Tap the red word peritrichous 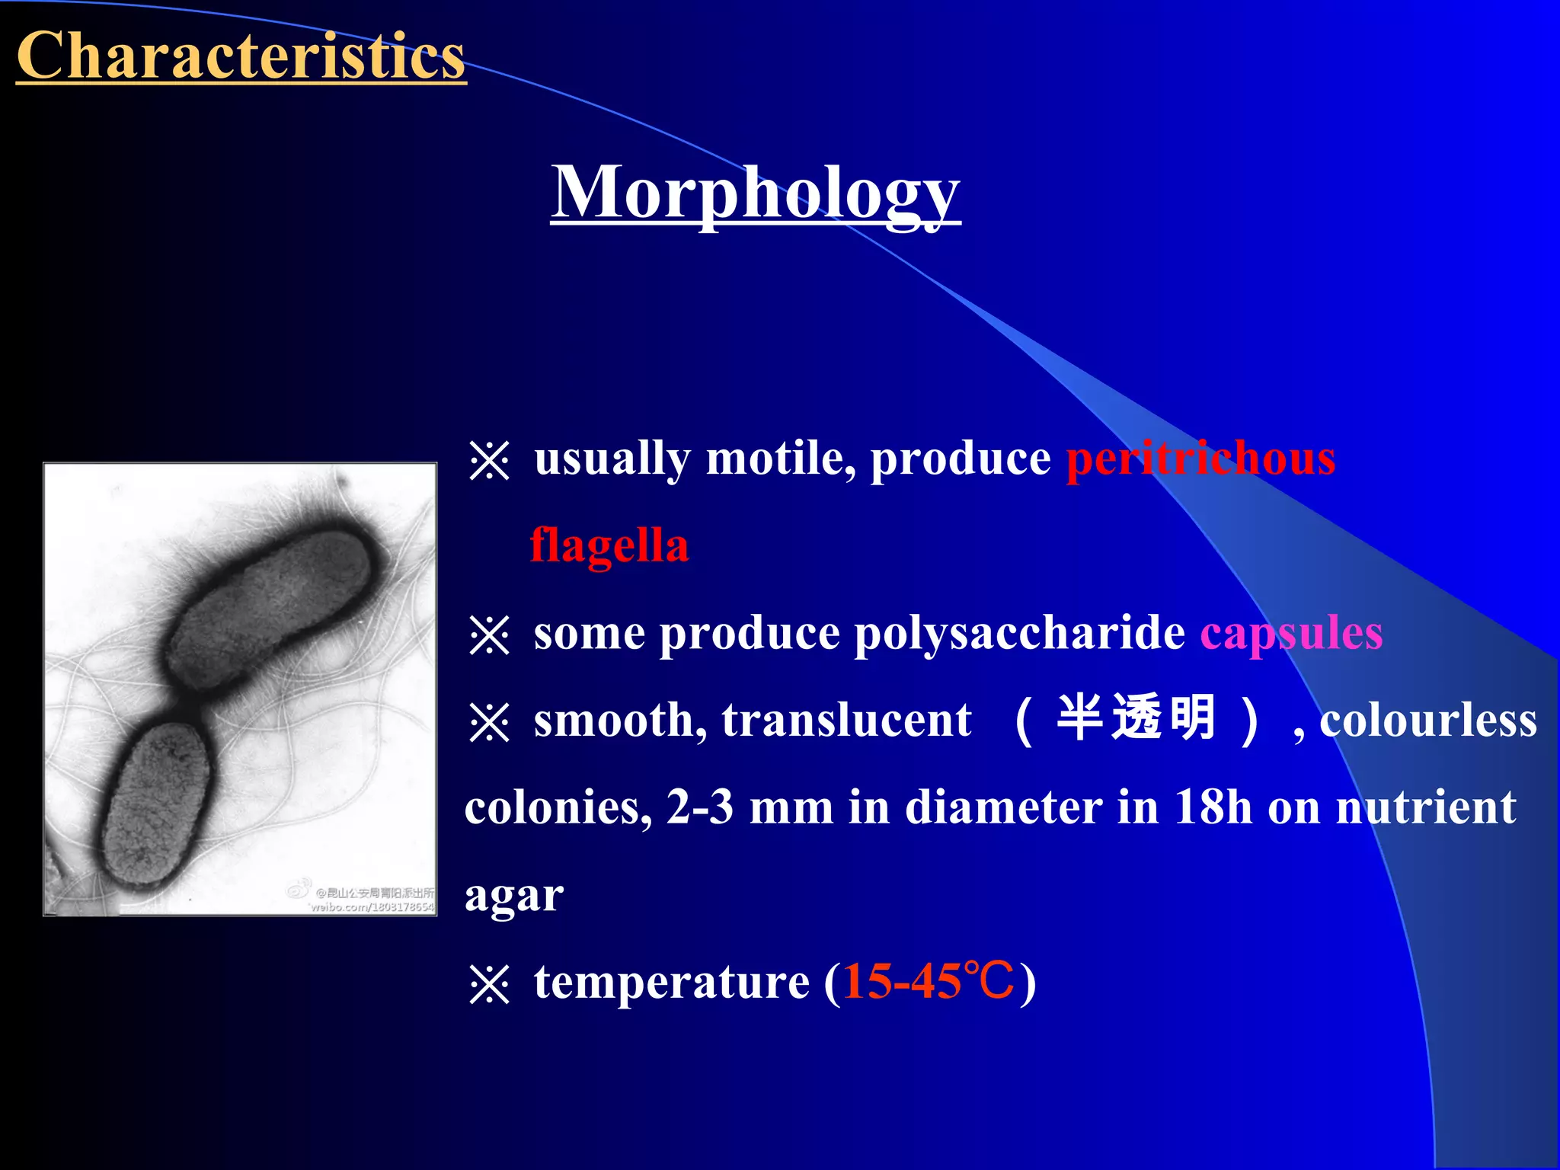pyautogui.click(x=1200, y=459)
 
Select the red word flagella pyautogui.click(x=609, y=546)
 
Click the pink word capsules pyautogui.click(x=1291, y=633)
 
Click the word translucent pyautogui.click(x=846, y=720)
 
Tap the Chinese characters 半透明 pyautogui.click(x=1136, y=718)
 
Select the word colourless pyautogui.click(x=1427, y=720)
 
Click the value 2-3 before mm pyautogui.click(x=699, y=807)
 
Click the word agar pyautogui.click(x=514, y=897)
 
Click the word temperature pyautogui.click(x=671, y=982)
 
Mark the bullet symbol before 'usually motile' pyautogui.click(x=489, y=461)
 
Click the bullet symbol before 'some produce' pyautogui.click(x=489, y=635)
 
